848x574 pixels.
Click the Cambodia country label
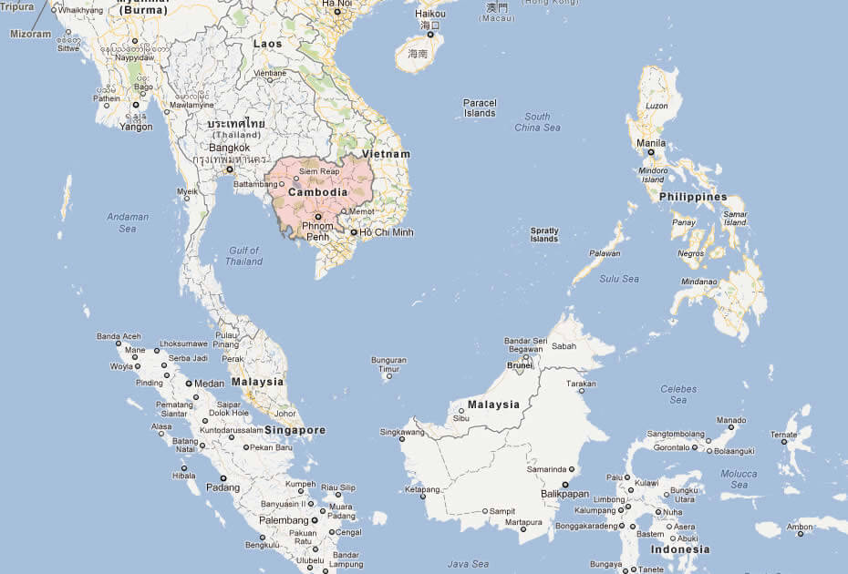pyautogui.click(x=317, y=193)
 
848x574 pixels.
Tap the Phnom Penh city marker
pyautogui.click(x=318, y=216)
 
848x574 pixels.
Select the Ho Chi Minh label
pyautogui.click(x=387, y=232)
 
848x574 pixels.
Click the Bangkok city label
pyautogui.click(x=229, y=148)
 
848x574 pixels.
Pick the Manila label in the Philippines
pyautogui.click(x=651, y=143)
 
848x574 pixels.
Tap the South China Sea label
pyautogui.click(x=537, y=122)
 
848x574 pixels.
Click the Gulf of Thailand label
pyautogui.click(x=244, y=256)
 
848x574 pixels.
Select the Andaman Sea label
pyautogui.click(x=128, y=222)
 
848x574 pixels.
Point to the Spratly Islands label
pyautogui.click(x=544, y=234)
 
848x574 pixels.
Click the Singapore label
pyautogui.click(x=295, y=430)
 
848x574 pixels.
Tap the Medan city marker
pyautogui.click(x=189, y=384)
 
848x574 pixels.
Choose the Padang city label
pyautogui.click(x=223, y=487)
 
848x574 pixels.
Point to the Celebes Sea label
pyautogui.click(x=678, y=395)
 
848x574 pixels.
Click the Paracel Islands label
pyautogui.click(x=480, y=108)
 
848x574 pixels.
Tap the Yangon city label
pyautogui.click(x=136, y=127)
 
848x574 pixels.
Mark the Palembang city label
pyautogui.click(x=284, y=520)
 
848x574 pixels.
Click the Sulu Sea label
pyautogui.click(x=619, y=279)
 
